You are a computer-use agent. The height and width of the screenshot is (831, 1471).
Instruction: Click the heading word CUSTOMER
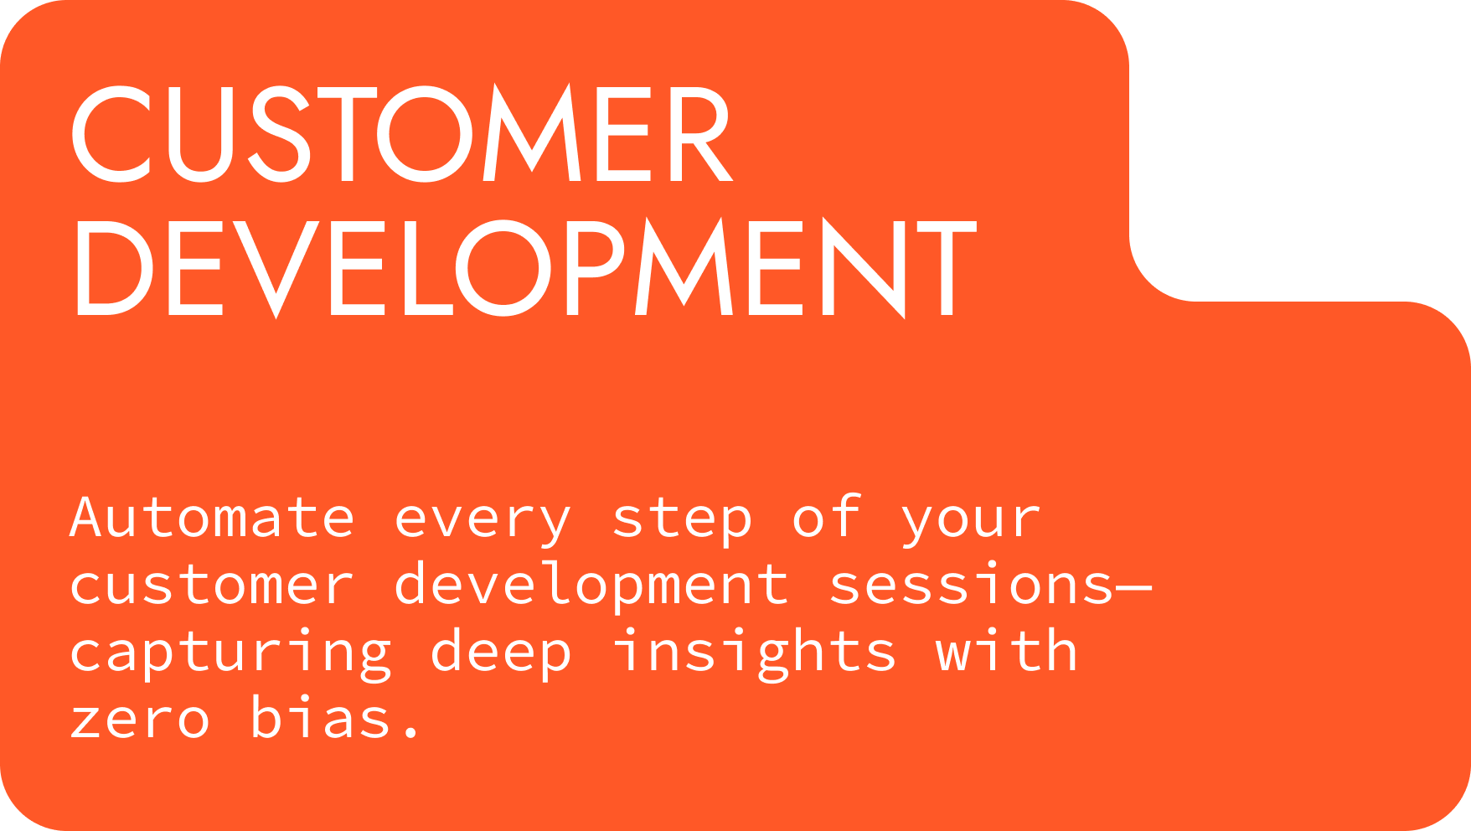click(x=402, y=133)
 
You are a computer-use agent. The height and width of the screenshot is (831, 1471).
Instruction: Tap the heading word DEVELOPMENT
click(x=525, y=267)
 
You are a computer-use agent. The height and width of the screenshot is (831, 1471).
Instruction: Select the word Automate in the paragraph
click(x=213, y=518)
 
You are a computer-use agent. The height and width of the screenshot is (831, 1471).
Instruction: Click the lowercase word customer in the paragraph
click(x=212, y=585)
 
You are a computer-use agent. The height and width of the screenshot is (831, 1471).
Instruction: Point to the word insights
click(x=754, y=651)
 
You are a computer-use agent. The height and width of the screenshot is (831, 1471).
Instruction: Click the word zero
click(x=139, y=720)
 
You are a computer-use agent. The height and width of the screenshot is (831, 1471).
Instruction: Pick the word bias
click(x=321, y=716)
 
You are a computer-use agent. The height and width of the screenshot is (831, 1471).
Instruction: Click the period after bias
click(x=410, y=733)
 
